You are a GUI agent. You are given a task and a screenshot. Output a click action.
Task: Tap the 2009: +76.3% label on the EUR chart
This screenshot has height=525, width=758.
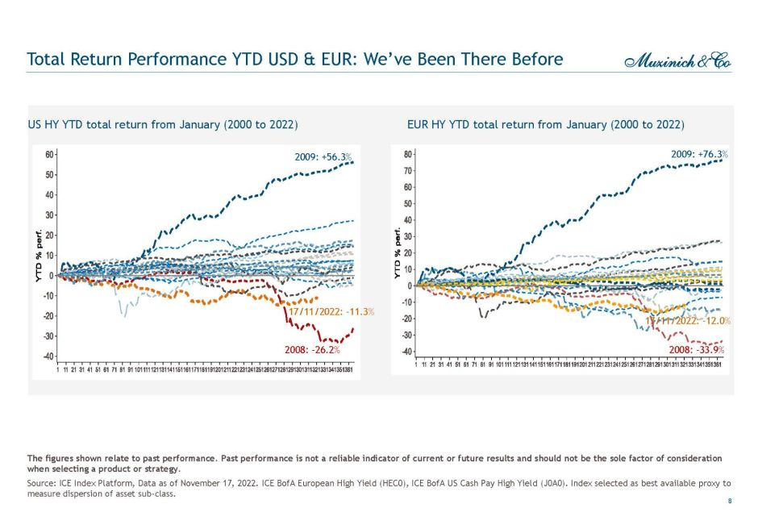click(x=699, y=154)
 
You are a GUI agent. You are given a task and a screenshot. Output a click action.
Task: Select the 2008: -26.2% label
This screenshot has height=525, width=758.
click(x=312, y=351)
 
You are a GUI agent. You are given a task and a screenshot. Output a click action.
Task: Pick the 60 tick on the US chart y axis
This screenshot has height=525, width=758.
click(x=50, y=154)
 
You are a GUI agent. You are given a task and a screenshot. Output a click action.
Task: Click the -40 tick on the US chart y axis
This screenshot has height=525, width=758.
click(x=48, y=356)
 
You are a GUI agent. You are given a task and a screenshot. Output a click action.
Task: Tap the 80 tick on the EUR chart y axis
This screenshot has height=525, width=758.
click(x=408, y=153)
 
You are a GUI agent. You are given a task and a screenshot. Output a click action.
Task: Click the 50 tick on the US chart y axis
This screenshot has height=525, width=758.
click(x=50, y=174)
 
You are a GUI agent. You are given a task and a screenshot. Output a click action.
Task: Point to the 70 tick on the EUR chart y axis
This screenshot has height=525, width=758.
click(x=408, y=170)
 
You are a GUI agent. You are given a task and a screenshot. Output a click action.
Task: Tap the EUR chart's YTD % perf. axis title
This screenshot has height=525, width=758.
click(x=397, y=253)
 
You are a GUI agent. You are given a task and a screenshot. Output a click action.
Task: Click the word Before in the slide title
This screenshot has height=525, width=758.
click(x=534, y=60)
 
